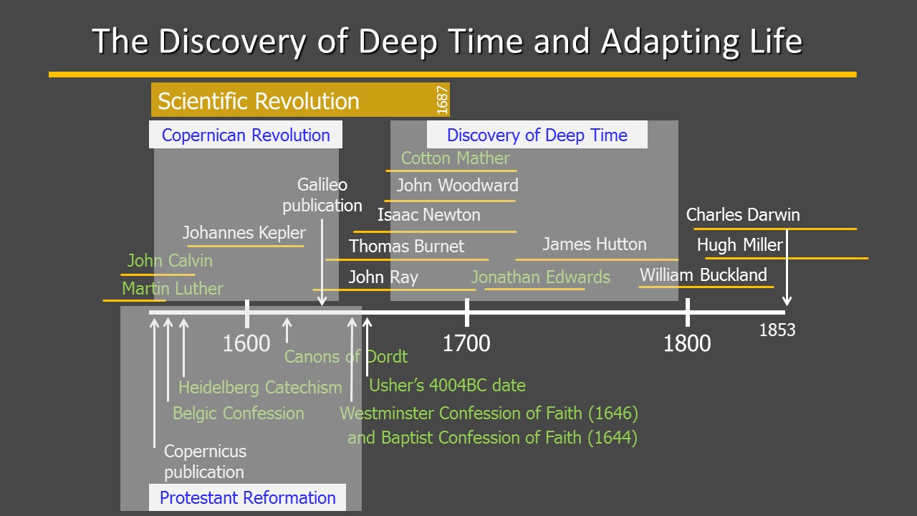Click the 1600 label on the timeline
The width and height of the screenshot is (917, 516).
coord(246,343)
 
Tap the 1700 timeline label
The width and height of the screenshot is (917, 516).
coord(466,343)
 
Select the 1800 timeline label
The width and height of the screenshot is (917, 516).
coord(687,343)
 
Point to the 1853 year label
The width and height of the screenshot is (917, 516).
coord(777,330)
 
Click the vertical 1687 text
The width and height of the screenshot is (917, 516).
coord(442,100)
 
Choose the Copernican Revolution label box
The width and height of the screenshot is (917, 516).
coord(246,134)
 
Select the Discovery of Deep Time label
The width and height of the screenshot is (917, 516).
coord(537,134)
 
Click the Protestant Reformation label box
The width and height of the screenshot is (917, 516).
coord(247,497)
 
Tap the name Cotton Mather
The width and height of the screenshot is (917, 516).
coord(455,158)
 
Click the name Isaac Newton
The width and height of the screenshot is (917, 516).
coord(428,214)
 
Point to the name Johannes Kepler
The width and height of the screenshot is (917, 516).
coord(244,233)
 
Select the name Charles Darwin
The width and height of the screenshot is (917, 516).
coord(743,214)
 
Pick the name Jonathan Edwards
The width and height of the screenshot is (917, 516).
coord(540,277)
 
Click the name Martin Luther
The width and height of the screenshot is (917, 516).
coord(173,288)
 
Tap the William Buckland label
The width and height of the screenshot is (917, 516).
coord(704,274)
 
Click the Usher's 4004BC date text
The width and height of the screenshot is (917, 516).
coord(447,385)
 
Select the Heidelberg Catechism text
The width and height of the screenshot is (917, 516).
coord(260,388)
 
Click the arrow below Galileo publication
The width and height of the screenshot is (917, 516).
coord(322,262)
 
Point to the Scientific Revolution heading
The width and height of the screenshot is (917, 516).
coord(259,101)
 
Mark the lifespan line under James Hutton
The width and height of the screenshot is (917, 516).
coord(597,259)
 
